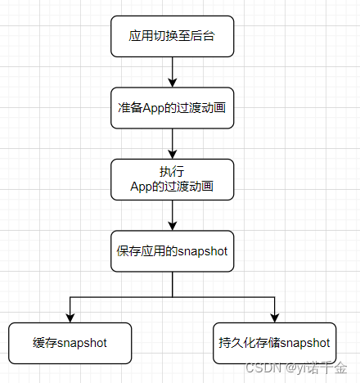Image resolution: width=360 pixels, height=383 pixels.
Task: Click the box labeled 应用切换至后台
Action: (x=172, y=37)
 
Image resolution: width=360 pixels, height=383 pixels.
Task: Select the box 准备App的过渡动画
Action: (x=172, y=107)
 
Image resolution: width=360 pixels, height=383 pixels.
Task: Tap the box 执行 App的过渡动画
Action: (x=172, y=178)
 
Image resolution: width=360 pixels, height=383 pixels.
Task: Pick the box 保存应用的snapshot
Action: (x=172, y=250)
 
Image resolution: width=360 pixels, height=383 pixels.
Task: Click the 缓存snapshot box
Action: (x=70, y=343)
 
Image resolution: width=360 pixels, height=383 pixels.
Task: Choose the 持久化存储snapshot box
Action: (x=275, y=343)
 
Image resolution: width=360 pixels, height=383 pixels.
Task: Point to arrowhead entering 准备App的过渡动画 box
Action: (x=172, y=83)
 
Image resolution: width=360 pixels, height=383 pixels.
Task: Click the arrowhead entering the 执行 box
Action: (x=172, y=154)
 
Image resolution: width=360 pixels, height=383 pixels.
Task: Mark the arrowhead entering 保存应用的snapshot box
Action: (x=172, y=226)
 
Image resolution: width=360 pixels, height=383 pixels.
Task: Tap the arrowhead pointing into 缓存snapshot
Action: (x=70, y=318)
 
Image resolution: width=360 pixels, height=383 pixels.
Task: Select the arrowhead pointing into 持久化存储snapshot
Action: (x=275, y=318)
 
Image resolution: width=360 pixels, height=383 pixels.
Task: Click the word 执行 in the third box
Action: (x=172, y=172)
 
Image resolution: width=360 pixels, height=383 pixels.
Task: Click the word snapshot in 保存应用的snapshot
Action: (x=202, y=250)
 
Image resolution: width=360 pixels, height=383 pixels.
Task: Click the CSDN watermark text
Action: (x=264, y=367)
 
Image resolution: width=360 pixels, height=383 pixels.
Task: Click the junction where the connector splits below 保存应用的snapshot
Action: (x=172, y=296)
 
